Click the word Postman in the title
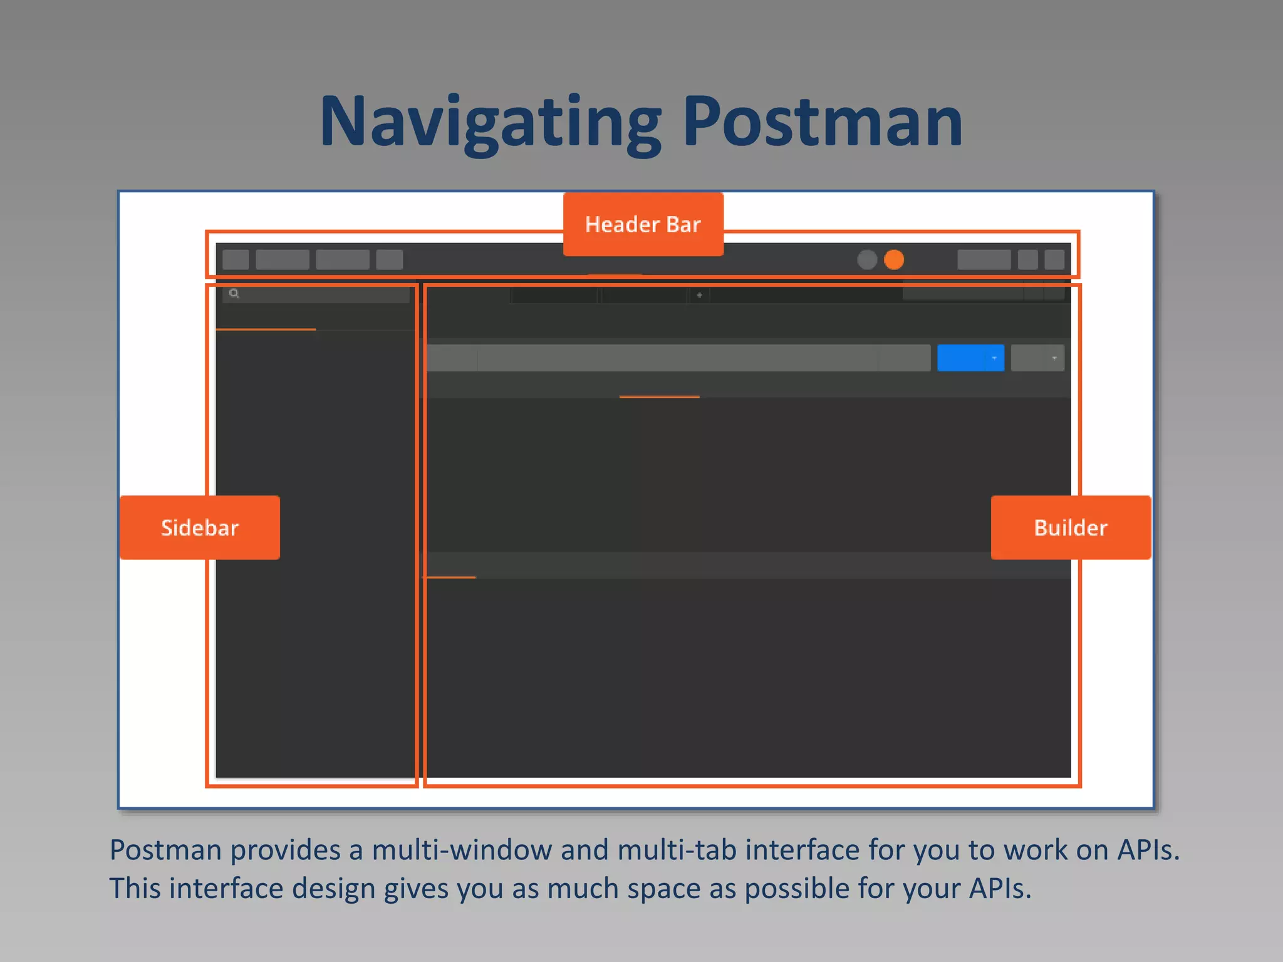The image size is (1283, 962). tap(822, 122)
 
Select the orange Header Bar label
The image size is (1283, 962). tap(643, 224)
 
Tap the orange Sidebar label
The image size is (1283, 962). tap(199, 527)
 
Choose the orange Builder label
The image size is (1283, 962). tap(1070, 527)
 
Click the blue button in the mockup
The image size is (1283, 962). tap(970, 358)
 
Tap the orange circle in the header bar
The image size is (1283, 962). tap(893, 259)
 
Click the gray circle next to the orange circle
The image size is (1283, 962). tap(866, 259)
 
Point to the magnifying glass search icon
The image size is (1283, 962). tap(234, 293)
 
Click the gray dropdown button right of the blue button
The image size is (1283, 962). tap(1037, 358)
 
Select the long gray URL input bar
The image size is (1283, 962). tap(677, 358)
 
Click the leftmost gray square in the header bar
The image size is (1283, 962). tap(236, 259)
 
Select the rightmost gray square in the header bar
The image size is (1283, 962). tap(1054, 259)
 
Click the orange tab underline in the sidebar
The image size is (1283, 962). tap(266, 329)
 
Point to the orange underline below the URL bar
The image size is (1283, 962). tap(659, 396)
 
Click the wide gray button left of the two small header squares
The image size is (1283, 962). tap(984, 259)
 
